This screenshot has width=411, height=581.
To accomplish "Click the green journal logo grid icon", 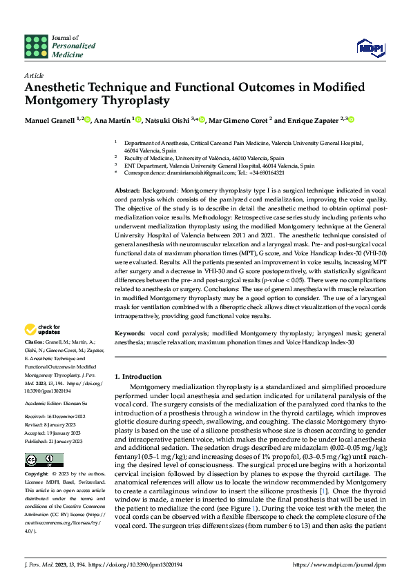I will click(37, 46).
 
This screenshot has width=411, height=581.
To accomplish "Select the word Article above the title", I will click(33, 75).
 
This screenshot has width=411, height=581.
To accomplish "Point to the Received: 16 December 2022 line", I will click(56, 397).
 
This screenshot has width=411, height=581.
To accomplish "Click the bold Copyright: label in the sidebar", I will click(37, 456).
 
